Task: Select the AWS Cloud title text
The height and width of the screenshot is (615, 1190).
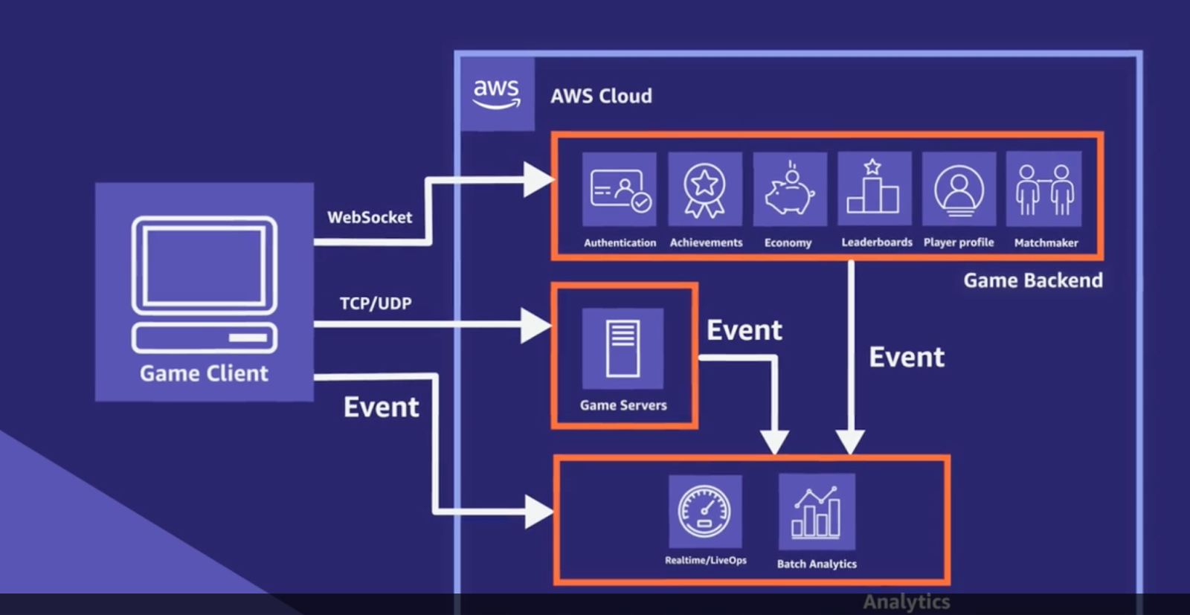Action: [x=601, y=96]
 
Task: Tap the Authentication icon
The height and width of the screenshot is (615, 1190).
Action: [x=620, y=189]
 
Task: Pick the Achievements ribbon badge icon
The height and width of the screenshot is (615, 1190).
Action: [x=704, y=189]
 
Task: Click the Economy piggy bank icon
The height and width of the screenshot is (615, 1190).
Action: [x=789, y=190]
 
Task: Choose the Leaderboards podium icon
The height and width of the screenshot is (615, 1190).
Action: [x=874, y=188]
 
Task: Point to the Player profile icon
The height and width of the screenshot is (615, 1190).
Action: [x=959, y=189]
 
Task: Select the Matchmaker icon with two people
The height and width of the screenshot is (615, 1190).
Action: [x=1043, y=189]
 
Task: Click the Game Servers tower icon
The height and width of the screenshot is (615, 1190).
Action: [x=623, y=348]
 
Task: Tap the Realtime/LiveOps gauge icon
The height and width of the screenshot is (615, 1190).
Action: [x=704, y=512]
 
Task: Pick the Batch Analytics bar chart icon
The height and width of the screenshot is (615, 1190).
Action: [x=816, y=512]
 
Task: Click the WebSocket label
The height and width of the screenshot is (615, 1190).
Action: [x=370, y=217]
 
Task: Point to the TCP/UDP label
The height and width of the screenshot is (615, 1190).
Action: [x=376, y=303]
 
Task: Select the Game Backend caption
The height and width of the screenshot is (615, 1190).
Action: [x=1033, y=280]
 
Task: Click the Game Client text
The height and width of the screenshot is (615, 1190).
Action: [x=204, y=373]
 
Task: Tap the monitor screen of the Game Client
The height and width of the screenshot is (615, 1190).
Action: [x=205, y=265]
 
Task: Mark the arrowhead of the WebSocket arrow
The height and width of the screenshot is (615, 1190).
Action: [x=538, y=180]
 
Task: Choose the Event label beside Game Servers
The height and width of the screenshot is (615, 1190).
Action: [x=744, y=330]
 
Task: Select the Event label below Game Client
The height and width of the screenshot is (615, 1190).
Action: [x=381, y=407]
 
